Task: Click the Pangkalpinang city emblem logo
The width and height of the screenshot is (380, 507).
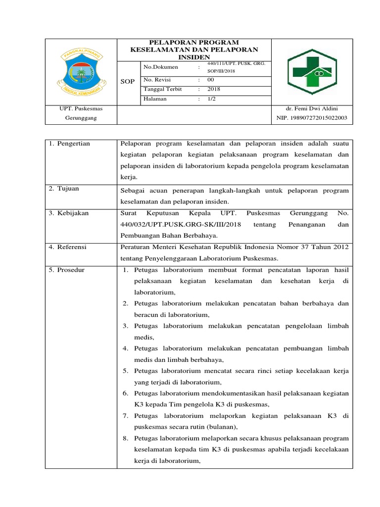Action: pyautogui.click(x=79, y=72)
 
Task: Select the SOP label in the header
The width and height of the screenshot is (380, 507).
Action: pyautogui.click(x=128, y=81)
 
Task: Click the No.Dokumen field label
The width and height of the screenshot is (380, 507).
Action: pyautogui.click(x=161, y=67)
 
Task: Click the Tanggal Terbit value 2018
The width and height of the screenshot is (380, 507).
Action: pyautogui.click(x=214, y=90)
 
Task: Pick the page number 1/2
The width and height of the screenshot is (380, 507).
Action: pyautogui.click(x=212, y=99)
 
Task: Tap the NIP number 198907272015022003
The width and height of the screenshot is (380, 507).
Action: pyautogui.click(x=312, y=118)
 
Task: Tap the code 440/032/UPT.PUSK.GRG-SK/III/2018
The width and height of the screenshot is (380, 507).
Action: pyautogui.click(x=181, y=224)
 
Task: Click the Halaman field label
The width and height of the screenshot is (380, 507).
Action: pyautogui.click(x=155, y=99)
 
